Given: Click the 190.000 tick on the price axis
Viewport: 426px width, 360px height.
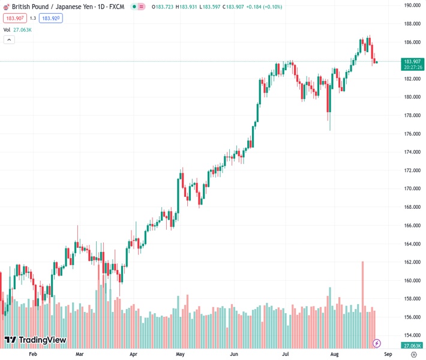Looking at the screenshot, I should pos(412,5).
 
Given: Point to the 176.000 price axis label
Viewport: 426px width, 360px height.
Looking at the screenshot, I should pos(412,134).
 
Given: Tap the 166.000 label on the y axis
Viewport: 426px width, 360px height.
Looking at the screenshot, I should pos(412,226).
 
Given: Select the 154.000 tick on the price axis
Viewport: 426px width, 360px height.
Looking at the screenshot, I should pos(412,335).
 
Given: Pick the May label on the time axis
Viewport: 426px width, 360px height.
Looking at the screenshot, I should pos(180,355).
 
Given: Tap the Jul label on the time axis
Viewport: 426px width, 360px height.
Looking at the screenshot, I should pos(286,355).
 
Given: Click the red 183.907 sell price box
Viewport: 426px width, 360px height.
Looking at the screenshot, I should pos(16,18).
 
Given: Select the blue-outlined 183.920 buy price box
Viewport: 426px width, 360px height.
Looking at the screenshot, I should pos(50,18).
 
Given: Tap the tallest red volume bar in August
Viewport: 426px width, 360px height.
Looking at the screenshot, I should pos(363,300).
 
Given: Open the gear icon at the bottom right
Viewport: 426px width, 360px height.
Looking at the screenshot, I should pos(413,355).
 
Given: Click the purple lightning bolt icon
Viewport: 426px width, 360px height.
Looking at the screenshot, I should pos(377,343).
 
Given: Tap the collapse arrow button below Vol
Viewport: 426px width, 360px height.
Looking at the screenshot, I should pos(9,40).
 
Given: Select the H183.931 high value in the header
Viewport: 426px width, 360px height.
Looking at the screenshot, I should pos(185,7).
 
